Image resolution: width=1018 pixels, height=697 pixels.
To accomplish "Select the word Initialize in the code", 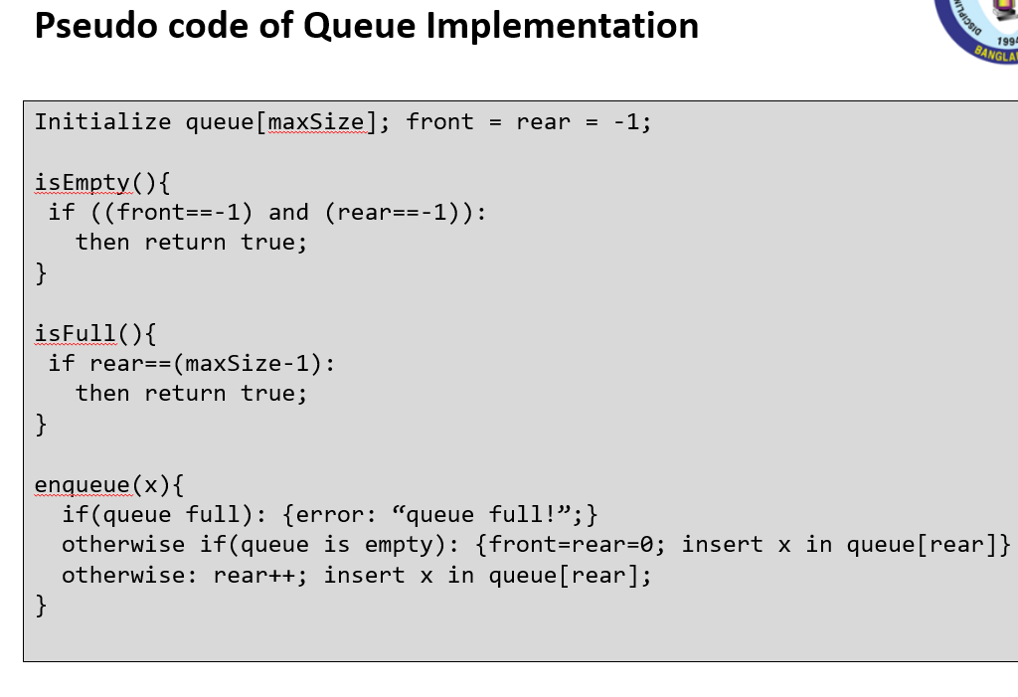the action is tap(102, 122).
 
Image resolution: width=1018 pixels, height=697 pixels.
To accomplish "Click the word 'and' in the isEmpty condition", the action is tap(288, 212).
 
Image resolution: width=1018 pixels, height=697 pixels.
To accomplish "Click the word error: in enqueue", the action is tap(337, 514).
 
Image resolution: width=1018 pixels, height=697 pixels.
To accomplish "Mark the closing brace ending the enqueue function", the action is tap(41, 604).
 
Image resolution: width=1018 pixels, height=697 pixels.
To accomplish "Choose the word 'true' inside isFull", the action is tap(274, 393).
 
